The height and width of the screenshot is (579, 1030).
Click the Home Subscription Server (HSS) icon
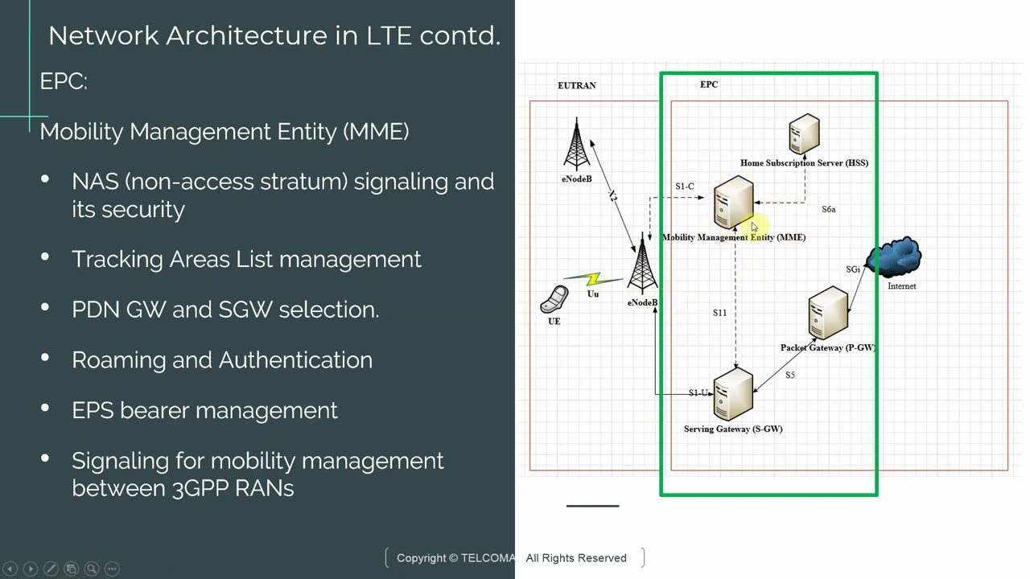(x=804, y=133)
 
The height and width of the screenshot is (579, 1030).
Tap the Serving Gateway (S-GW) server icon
(x=733, y=394)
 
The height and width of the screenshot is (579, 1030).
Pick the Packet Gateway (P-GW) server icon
(x=828, y=314)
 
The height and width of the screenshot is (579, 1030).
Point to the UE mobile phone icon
(x=554, y=300)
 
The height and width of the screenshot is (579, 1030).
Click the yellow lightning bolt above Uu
(x=594, y=279)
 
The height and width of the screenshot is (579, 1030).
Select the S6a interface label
(x=828, y=209)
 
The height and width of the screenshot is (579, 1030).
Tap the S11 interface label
(x=719, y=313)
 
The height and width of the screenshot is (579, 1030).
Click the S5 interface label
(x=790, y=376)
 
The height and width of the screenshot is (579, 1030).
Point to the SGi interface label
(x=853, y=269)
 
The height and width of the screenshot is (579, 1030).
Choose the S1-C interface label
(x=684, y=187)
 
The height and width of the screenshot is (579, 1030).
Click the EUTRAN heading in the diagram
(x=576, y=85)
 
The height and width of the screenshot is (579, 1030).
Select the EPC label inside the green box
(x=709, y=84)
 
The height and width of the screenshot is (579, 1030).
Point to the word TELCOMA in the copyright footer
(x=488, y=558)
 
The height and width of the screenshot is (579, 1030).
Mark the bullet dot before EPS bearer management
(x=45, y=409)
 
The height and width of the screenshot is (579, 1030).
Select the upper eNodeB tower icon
(x=576, y=144)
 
